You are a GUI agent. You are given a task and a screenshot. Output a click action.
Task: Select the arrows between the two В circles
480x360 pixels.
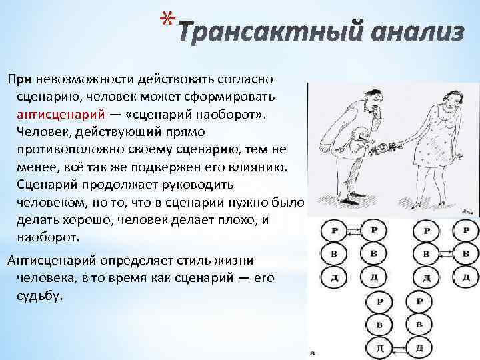(443, 254)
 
